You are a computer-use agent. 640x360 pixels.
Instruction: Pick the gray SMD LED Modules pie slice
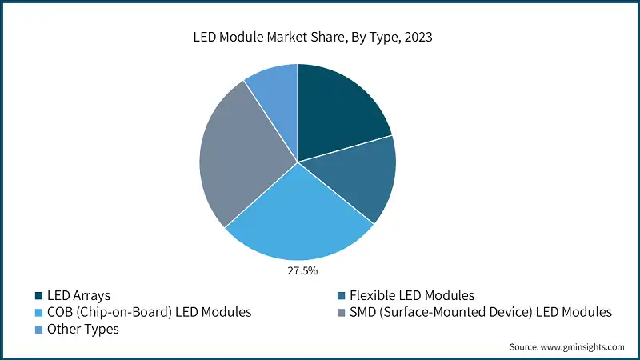(x=240, y=156)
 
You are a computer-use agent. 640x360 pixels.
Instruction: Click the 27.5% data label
(x=302, y=271)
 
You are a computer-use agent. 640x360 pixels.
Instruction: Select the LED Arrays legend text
(x=79, y=295)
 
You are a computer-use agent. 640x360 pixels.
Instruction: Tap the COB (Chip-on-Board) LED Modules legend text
(x=149, y=312)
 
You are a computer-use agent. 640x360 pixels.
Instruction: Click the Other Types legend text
(x=83, y=329)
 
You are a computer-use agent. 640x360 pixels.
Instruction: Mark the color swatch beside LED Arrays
(x=38, y=296)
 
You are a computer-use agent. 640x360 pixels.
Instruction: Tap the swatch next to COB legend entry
(x=38, y=313)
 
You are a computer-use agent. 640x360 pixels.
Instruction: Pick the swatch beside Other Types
(x=38, y=330)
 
